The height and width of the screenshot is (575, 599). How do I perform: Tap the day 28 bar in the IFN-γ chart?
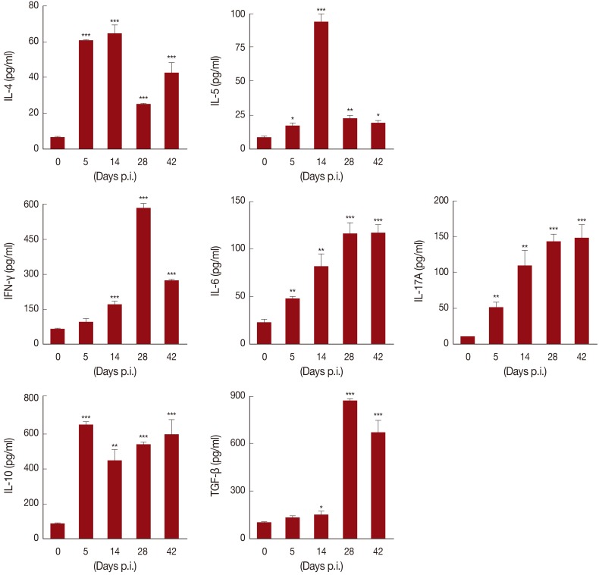click(143, 276)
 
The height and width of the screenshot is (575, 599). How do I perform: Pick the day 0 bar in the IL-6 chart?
click(264, 333)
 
